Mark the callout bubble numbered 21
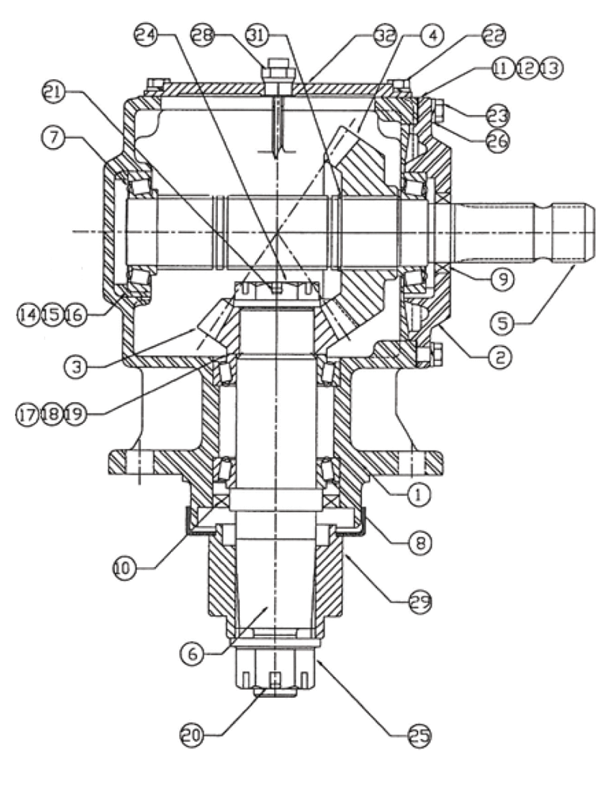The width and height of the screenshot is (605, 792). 53,93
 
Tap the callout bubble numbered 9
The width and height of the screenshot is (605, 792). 503,278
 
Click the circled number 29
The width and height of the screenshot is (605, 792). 419,603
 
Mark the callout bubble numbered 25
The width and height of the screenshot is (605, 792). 419,734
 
